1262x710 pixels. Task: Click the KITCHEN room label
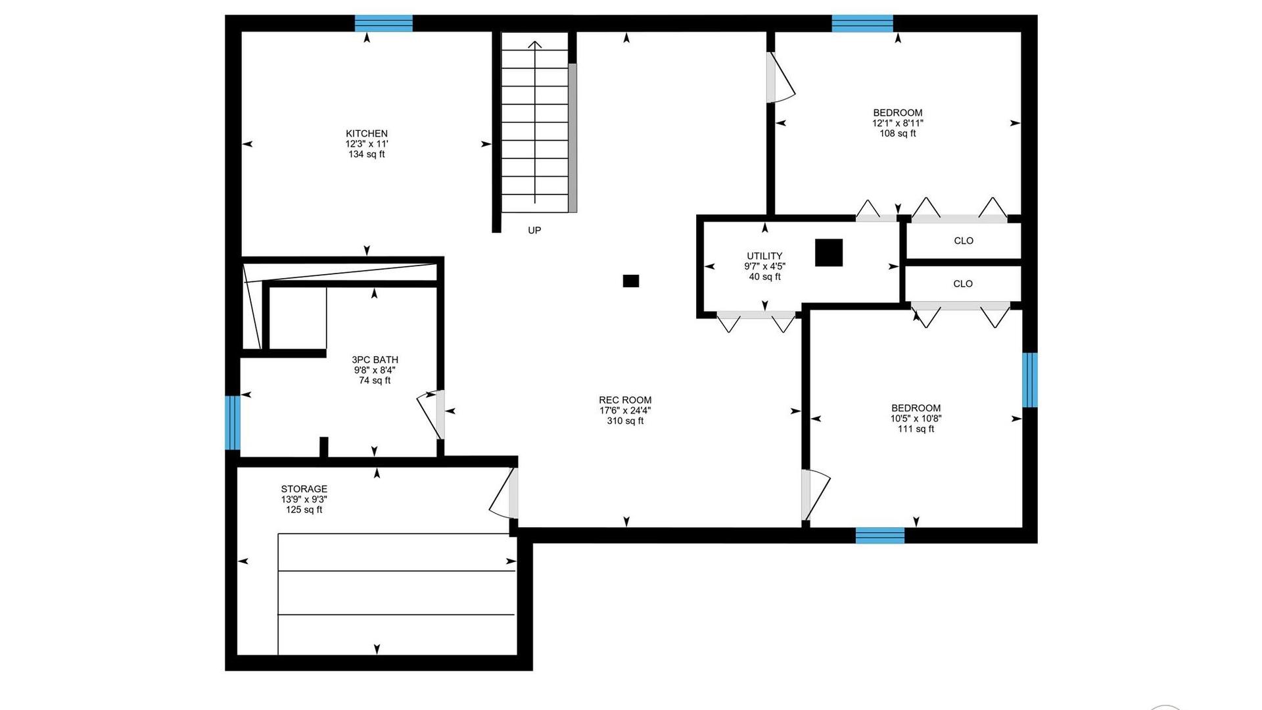[367, 133]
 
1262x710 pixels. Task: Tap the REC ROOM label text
[625, 400]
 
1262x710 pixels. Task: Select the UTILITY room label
[764, 256]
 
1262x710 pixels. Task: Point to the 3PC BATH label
[375, 360]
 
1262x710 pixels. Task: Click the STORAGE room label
[304, 489]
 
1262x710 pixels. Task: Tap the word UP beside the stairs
[534, 230]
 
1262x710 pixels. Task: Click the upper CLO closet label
[964, 241]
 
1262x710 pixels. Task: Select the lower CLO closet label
[963, 284]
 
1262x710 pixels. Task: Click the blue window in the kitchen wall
[384, 23]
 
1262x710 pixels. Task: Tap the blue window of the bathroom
[233, 422]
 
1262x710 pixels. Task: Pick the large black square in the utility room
[829, 252]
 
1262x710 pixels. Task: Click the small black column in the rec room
[631, 281]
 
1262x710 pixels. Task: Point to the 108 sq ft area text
[897, 133]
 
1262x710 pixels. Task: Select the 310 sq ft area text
[625, 421]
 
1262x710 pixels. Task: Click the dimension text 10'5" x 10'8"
[916, 418]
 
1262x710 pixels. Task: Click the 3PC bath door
[431, 415]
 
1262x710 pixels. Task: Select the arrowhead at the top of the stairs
[535, 45]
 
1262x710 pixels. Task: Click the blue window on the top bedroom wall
[862, 23]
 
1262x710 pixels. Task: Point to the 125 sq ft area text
[304, 509]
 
